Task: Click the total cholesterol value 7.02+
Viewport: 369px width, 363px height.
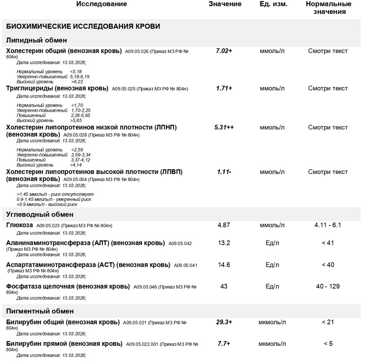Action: coord(224,51)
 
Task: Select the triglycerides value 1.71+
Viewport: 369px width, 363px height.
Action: coord(224,88)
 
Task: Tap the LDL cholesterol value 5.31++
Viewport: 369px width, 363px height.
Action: coord(224,127)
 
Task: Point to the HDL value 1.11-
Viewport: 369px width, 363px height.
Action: coord(224,172)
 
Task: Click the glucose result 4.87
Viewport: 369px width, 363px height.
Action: coord(224,225)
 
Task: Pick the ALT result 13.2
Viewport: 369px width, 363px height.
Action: coord(224,243)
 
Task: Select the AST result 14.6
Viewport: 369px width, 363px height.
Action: coord(224,265)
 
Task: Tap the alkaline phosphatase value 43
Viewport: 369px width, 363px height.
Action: coord(224,286)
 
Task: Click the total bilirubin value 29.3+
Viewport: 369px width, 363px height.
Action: coord(224,322)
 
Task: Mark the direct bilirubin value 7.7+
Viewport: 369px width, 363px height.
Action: coord(224,344)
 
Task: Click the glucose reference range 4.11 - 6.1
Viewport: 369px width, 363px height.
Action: coord(328,225)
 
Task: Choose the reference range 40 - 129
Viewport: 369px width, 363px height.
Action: coord(328,286)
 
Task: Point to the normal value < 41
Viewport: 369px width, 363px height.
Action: coord(328,243)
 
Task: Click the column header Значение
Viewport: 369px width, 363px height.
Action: coord(225,4)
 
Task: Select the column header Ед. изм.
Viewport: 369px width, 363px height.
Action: coord(273,4)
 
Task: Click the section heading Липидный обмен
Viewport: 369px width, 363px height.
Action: coord(36,40)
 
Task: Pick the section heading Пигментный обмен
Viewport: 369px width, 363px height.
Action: coord(40,311)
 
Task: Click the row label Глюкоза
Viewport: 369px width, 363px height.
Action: coord(20,225)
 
